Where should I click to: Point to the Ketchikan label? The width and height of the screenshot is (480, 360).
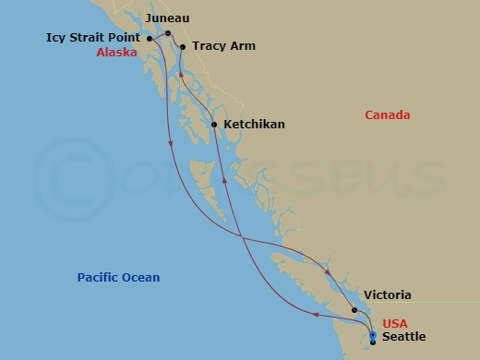click(252, 124)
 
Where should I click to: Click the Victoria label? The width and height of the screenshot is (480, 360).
click(388, 295)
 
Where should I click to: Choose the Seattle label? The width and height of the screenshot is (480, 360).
click(403, 337)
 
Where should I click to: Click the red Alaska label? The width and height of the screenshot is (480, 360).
click(116, 53)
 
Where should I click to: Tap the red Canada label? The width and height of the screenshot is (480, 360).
click(388, 115)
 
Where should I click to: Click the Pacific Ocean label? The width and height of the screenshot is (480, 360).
click(118, 278)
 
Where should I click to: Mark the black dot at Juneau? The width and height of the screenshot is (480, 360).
click(168, 33)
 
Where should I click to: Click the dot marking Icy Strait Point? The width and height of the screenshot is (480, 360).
click(150, 39)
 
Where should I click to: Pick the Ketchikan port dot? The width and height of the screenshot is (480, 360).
click(214, 125)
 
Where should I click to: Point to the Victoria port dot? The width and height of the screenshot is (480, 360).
click(354, 310)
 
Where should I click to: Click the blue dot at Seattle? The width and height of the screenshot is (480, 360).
click(372, 335)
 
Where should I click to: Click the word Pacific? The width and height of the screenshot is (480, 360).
click(98, 278)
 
